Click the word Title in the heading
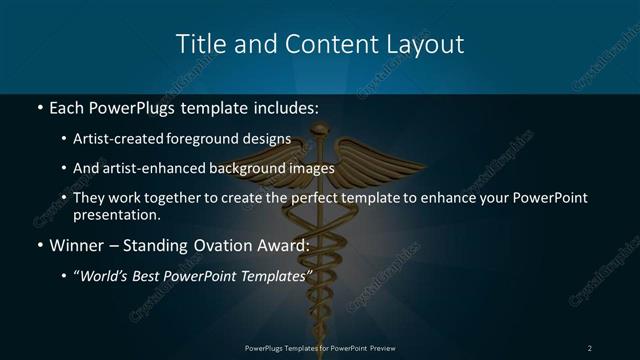pyautogui.click(x=199, y=44)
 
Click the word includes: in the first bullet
pyautogui.click(x=283, y=105)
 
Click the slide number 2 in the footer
pyautogui.click(x=590, y=347)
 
